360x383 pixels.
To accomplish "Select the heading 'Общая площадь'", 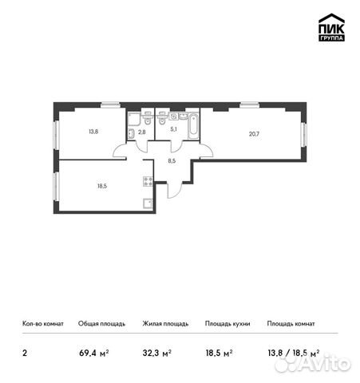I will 101,324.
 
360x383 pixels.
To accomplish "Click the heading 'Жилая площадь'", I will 165,324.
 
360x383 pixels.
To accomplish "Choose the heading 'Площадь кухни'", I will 227,324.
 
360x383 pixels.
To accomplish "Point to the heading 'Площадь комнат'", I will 291,324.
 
